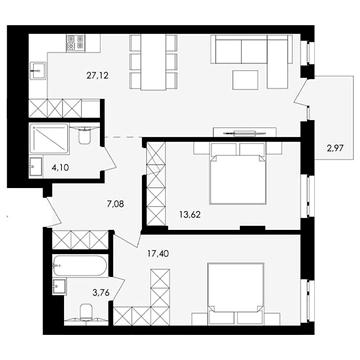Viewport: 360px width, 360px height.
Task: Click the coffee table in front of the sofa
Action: pyautogui.click(x=247, y=79)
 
